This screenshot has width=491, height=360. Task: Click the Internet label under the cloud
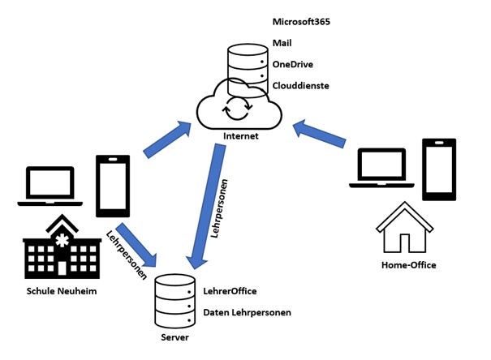[240, 135]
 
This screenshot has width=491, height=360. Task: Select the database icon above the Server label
[174, 298]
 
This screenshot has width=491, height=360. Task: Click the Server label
[175, 336]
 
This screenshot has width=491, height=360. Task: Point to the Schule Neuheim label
[56, 291]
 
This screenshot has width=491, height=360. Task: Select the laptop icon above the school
[50, 186]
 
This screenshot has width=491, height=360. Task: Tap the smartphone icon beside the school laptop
[111, 186]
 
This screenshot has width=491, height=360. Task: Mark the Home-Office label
[408, 265]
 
